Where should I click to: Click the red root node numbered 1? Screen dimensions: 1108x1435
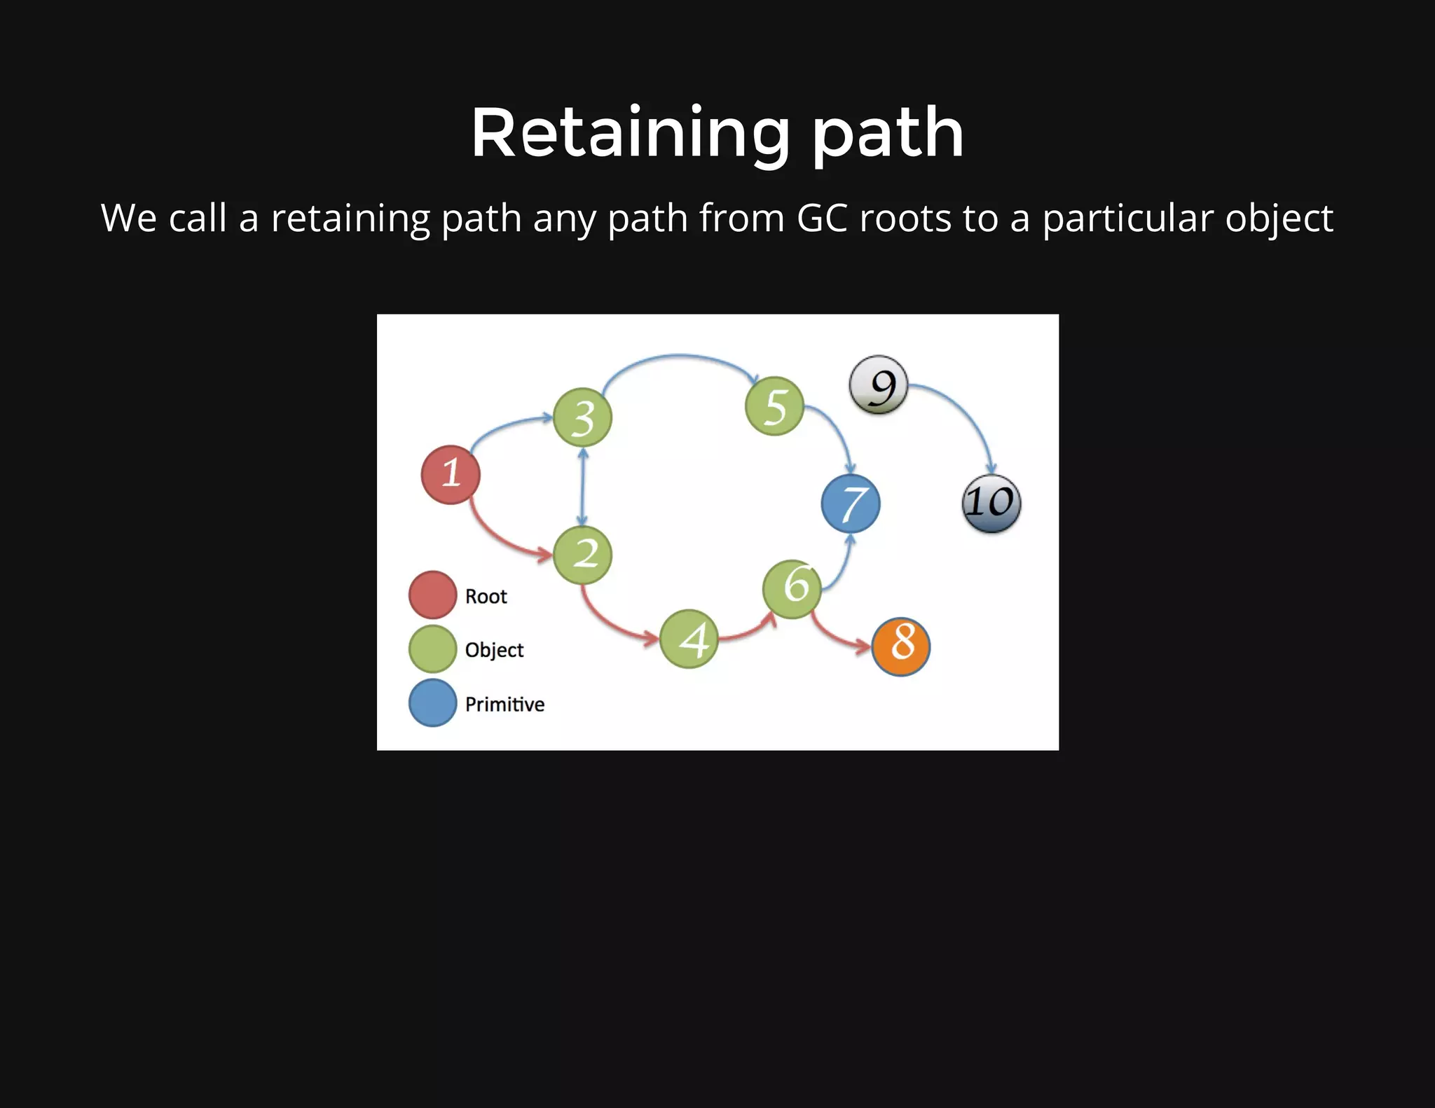click(451, 475)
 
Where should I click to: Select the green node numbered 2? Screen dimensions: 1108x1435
click(582, 555)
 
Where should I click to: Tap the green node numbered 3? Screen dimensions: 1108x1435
click(582, 418)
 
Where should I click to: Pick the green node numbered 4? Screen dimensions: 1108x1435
click(689, 639)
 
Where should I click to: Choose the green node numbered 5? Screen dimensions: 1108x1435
click(774, 406)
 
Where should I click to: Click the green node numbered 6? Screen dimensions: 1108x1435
click(792, 589)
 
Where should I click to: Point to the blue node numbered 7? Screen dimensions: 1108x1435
click(851, 504)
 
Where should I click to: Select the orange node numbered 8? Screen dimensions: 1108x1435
click(901, 646)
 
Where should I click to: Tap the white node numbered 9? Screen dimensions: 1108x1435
click(879, 385)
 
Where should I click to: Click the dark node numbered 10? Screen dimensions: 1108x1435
click(991, 504)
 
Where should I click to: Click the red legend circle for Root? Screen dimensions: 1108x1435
click(432, 595)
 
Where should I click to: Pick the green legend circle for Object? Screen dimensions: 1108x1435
click(432, 649)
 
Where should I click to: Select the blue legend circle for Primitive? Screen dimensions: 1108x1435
click(432, 703)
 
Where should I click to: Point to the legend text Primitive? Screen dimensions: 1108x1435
click(504, 704)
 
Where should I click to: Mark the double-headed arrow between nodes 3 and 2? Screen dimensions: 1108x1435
click(582, 487)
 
